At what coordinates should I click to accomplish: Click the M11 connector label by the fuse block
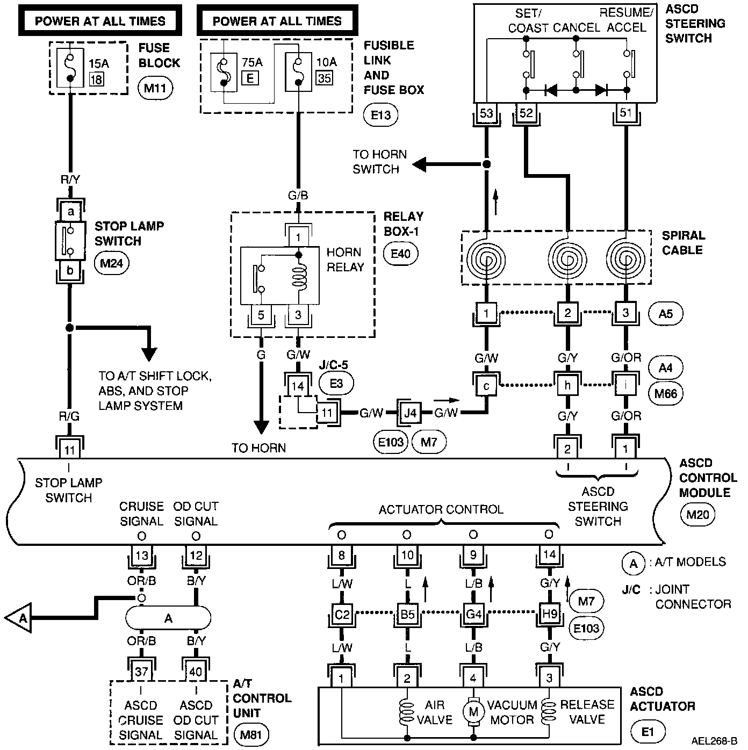pyautogui.click(x=155, y=88)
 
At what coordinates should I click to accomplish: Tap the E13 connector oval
pyautogui.click(x=381, y=114)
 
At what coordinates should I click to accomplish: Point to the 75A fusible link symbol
pyautogui.click(x=223, y=72)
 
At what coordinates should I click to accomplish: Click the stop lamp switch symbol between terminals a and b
pyautogui.click(x=70, y=241)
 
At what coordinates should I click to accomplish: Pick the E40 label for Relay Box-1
pyautogui.click(x=400, y=253)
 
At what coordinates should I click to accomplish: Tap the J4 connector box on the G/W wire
pyautogui.click(x=410, y=413)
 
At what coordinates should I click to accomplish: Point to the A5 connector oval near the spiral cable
pyautogui.click(x=665, y=314)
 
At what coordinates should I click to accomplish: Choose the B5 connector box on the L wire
pyautogui.click(x=407, y=614)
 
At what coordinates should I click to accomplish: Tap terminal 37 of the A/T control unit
pyautogui.click(x=141, y=672)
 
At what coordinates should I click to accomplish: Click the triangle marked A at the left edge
pyautogui.click(x=19, y=618)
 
